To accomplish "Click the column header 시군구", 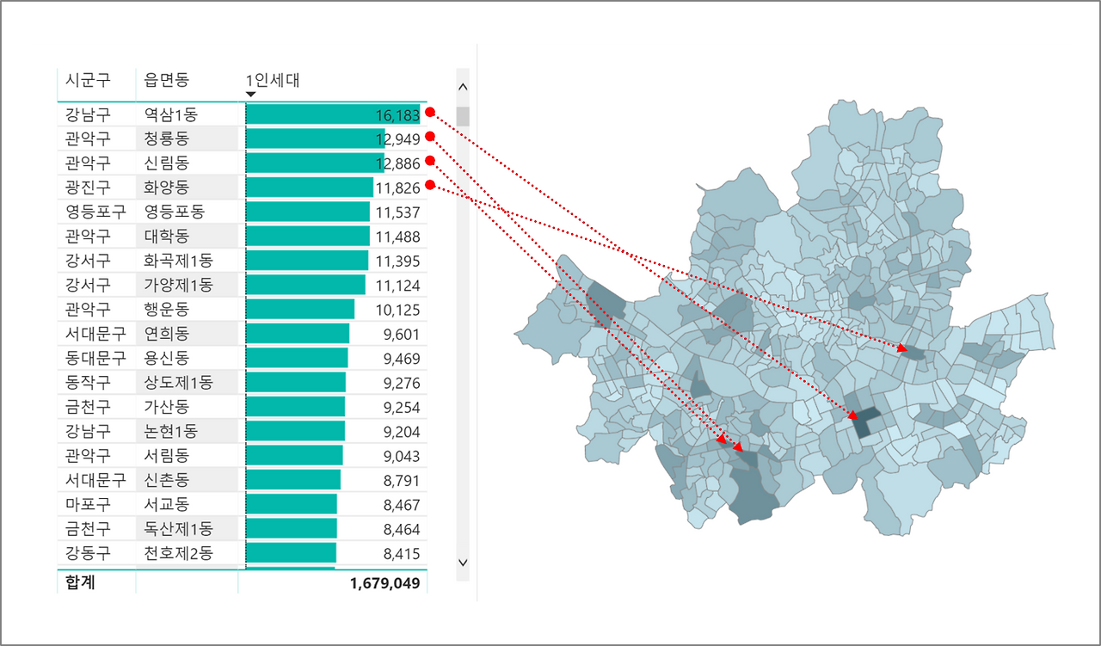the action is [88, 80].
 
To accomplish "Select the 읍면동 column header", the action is [167, 80].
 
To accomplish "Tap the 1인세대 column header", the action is [273, 80].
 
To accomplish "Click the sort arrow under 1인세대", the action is [250, 94].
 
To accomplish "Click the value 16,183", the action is [397, 115].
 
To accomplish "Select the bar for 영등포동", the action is [308, 212].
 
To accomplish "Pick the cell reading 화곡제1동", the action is [178, 261].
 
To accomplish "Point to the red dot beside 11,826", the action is [430, 185].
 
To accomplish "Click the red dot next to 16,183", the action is [430, 112].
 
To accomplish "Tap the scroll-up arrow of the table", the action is [463, 87].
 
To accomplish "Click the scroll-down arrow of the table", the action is [463, 562].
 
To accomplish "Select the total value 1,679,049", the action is [384, 583].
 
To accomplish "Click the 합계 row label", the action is [80, 582].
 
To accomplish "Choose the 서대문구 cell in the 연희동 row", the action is [95, 334].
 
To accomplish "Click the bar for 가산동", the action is [295, 407].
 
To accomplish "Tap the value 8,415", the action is [402, 554].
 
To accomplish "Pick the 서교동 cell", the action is [167, 504].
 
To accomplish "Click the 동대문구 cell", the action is [95, 358].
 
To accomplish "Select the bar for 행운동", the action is [300, 309].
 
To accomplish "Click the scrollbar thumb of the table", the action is [463, 116].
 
